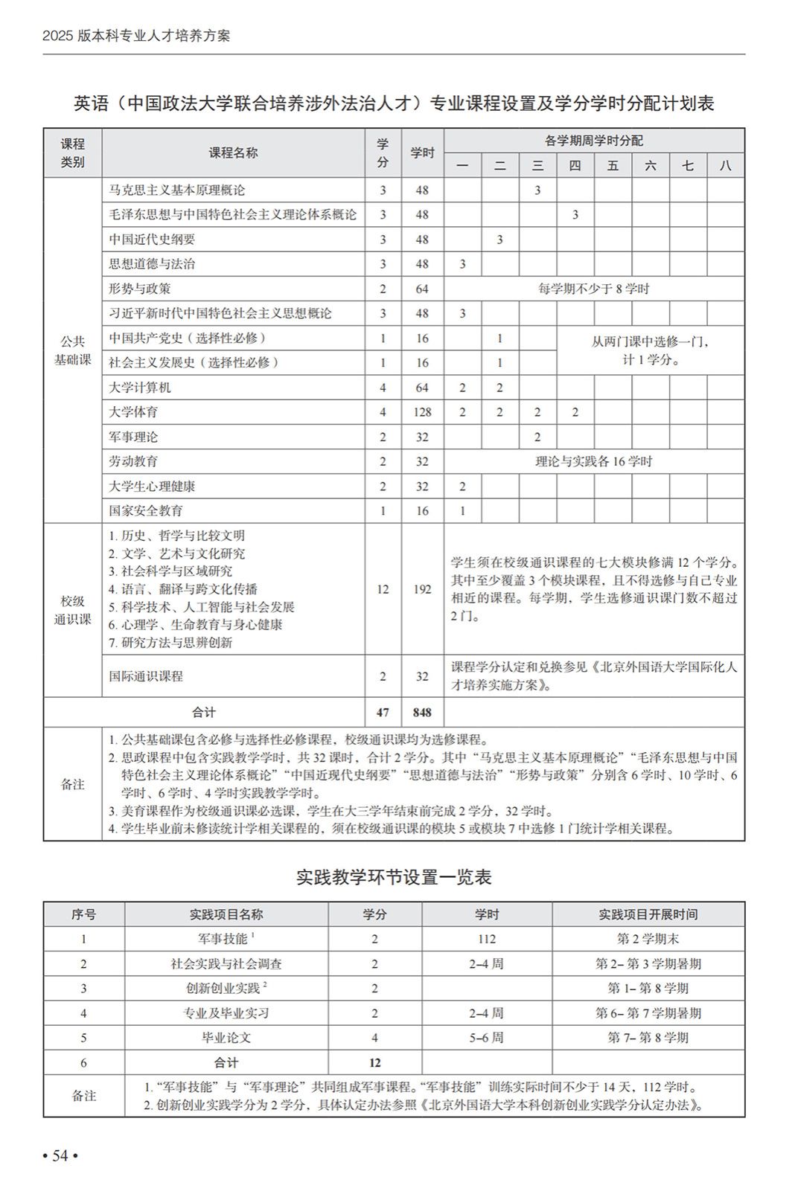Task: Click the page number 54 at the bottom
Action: (60, 1155)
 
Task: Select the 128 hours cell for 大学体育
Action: (422, 412)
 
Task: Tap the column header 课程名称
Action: (233, 153)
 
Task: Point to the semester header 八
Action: (725, 165)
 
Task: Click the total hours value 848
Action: (422, 712)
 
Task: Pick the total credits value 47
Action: (383, 712)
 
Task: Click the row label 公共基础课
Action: (72, 350)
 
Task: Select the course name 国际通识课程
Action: (146, 676)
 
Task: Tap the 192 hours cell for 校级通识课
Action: (422, 589)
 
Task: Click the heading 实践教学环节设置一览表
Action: (394, 877)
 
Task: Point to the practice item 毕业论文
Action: (226, 1038)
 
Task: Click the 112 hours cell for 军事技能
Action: (487, 939)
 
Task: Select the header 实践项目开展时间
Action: (648, 914)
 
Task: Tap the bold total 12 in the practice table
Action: (374, 1062)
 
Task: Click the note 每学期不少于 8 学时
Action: (593, 289)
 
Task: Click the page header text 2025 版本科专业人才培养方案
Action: (136, 36)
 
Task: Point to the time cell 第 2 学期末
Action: (648, 939)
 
